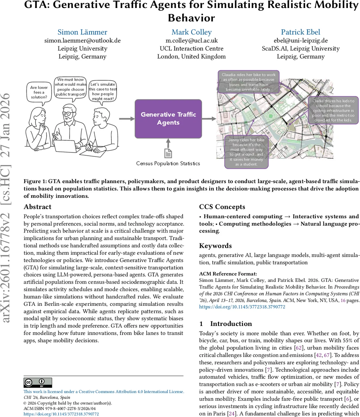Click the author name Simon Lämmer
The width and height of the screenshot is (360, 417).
pos(82,32)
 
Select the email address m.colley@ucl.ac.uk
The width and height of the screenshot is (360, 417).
pos(191,40)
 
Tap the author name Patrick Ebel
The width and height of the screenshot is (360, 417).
pos(300,32)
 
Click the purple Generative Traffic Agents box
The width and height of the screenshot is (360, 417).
pos(168,118)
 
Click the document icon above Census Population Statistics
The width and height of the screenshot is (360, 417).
pos(168,153)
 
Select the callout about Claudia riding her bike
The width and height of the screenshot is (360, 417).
pos(249,82)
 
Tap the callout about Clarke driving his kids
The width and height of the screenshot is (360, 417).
pos(333,111)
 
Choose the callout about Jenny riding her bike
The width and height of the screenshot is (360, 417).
pos(246,152)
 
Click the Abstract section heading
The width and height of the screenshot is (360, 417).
pos(37,207)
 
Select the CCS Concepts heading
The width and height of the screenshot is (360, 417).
pos(222,207)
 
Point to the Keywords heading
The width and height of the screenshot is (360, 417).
pos(215,246)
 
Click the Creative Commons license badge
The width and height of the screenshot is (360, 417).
pos(37,383)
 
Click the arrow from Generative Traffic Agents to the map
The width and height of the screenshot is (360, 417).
pos(209,119)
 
